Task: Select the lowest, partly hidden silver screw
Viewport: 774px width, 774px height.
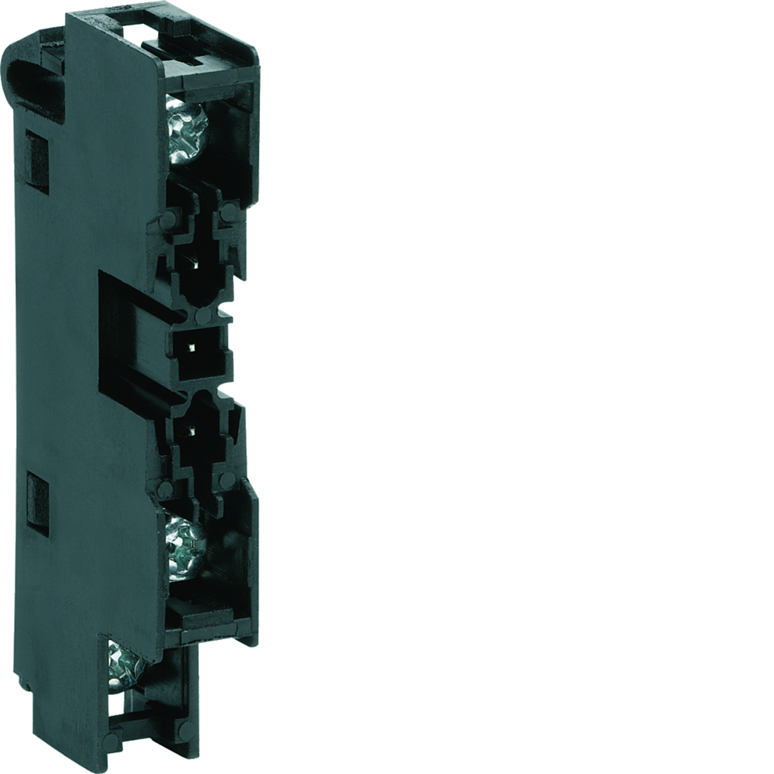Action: [x=124, y=664]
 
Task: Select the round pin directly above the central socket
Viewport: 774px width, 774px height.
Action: [x=202, y=316]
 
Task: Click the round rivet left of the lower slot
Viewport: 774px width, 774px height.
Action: [x=165, y=489]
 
